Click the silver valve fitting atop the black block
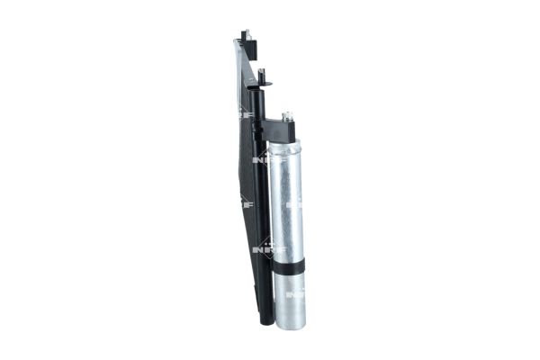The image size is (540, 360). coord(290,118)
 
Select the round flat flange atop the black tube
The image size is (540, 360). coord(263,89)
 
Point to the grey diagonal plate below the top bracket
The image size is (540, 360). coord(234,72)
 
